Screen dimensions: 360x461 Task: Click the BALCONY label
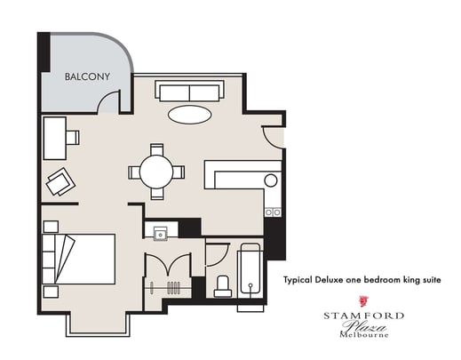87,76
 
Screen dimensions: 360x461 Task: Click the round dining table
157,171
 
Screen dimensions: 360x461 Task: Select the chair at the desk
73,138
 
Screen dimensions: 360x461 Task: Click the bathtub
250,273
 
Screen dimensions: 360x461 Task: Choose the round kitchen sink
270,180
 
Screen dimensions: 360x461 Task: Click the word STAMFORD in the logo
362,316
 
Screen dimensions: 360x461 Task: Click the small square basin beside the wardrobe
160,233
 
